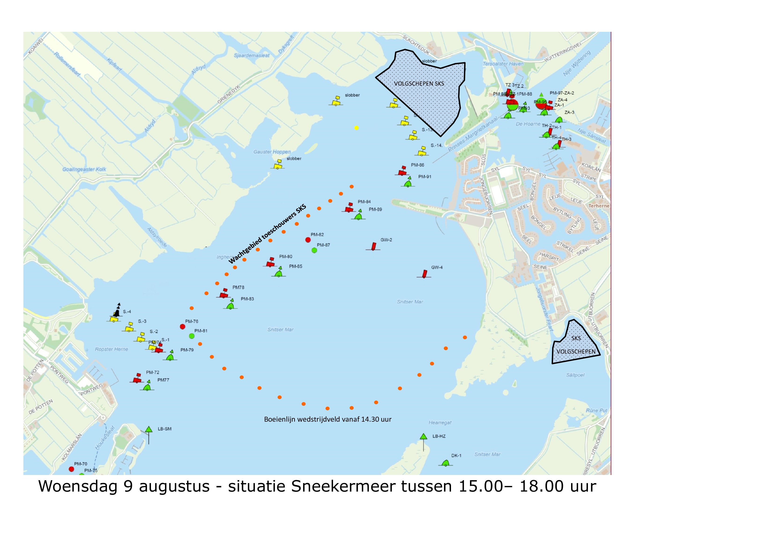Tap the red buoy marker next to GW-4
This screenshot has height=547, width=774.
pyautogui.click(x=424, y=274)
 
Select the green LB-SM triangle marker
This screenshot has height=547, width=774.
pyautogui.click(x=149, y=429)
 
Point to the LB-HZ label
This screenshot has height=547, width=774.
pyautogui.click(x=439, y=436)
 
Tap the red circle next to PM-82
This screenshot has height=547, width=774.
pyautogui.click(x=308, y=240)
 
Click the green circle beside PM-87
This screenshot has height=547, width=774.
pyautogui.click(x=314, y=250)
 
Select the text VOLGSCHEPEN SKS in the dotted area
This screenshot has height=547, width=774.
pyautogui.click(x=419, y=83)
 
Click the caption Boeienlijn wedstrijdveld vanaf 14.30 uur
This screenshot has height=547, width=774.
pyautogui.click(x=328, y=419)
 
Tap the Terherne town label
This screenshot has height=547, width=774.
pyautogui.click(x=599, y=206)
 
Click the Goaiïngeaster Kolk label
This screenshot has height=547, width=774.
pyautogui.click(x=84, y=169)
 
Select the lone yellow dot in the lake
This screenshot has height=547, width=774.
pyautogui.click(x=356, y=128)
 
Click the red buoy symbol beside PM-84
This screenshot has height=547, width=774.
pyautogui.click(x=349, y=208)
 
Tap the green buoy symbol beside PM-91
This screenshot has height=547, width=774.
pyautogui.click(x=408, y=183)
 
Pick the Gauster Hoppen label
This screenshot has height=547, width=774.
pyautogui.click(x=272, y=152)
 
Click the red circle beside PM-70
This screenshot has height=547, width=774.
pyautogui.click(x=71, y=469)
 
